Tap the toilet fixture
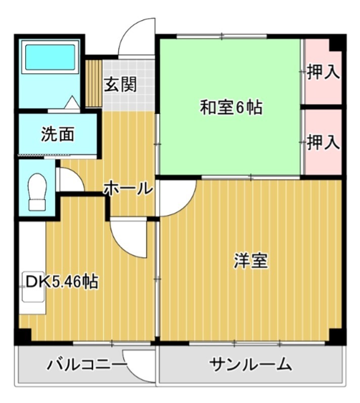coord(37,192)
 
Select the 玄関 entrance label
coord(120,84)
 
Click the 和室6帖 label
coord(231,108)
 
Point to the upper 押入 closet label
coord(323,72)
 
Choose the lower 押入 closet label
coord(323,143)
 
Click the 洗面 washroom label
coord(58,135)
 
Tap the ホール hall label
coord(128,189)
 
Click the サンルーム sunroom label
coord(250,364)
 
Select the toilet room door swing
coord(69,181)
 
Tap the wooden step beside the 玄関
coord(94,83)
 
